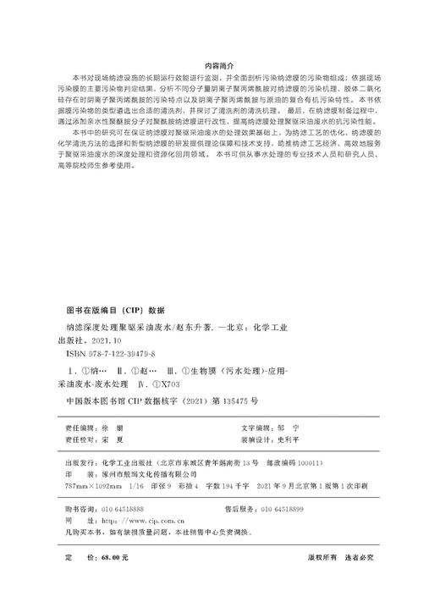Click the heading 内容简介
pos(220,64)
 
